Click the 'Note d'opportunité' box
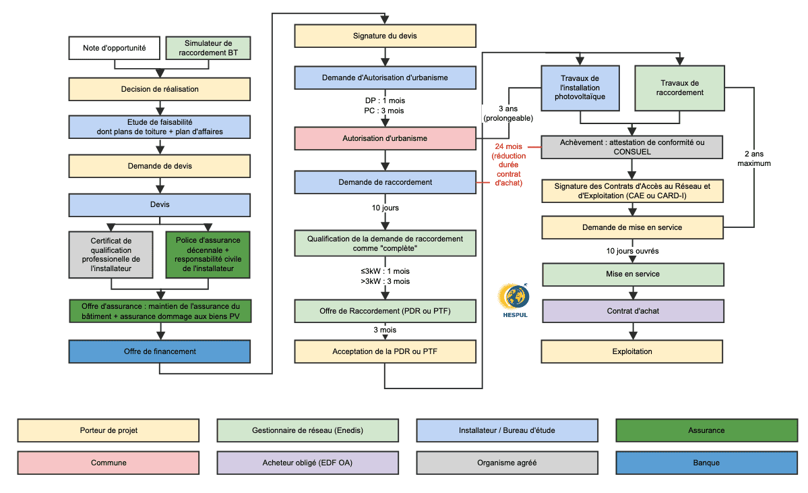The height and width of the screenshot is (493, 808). tap(115, 48)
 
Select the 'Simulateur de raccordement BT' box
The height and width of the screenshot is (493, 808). tap(208, 48)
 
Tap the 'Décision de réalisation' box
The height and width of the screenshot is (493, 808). tap(160, 89)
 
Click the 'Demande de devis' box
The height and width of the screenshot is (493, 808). tap(160, 166)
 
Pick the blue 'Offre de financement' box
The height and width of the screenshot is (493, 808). tap(160, 351)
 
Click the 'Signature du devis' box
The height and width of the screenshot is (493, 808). tap(385, 36)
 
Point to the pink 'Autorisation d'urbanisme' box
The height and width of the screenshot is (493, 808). tap(385, 138)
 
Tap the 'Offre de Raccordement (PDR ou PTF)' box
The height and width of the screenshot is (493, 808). tap(385, 312)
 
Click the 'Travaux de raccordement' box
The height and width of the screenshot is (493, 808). tap(679, 88)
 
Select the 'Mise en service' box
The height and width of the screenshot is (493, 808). tap(632, 274)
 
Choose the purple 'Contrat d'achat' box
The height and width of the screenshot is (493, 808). tap(632, 312)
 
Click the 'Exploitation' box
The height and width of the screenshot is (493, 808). tap(632, 351)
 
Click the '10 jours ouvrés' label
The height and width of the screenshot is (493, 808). tap(632, 251)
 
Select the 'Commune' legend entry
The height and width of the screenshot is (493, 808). tap(108, 463)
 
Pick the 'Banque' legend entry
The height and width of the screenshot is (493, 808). tap(706, 463)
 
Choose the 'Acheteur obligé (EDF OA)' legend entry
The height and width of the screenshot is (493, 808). tap(307, 463)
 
